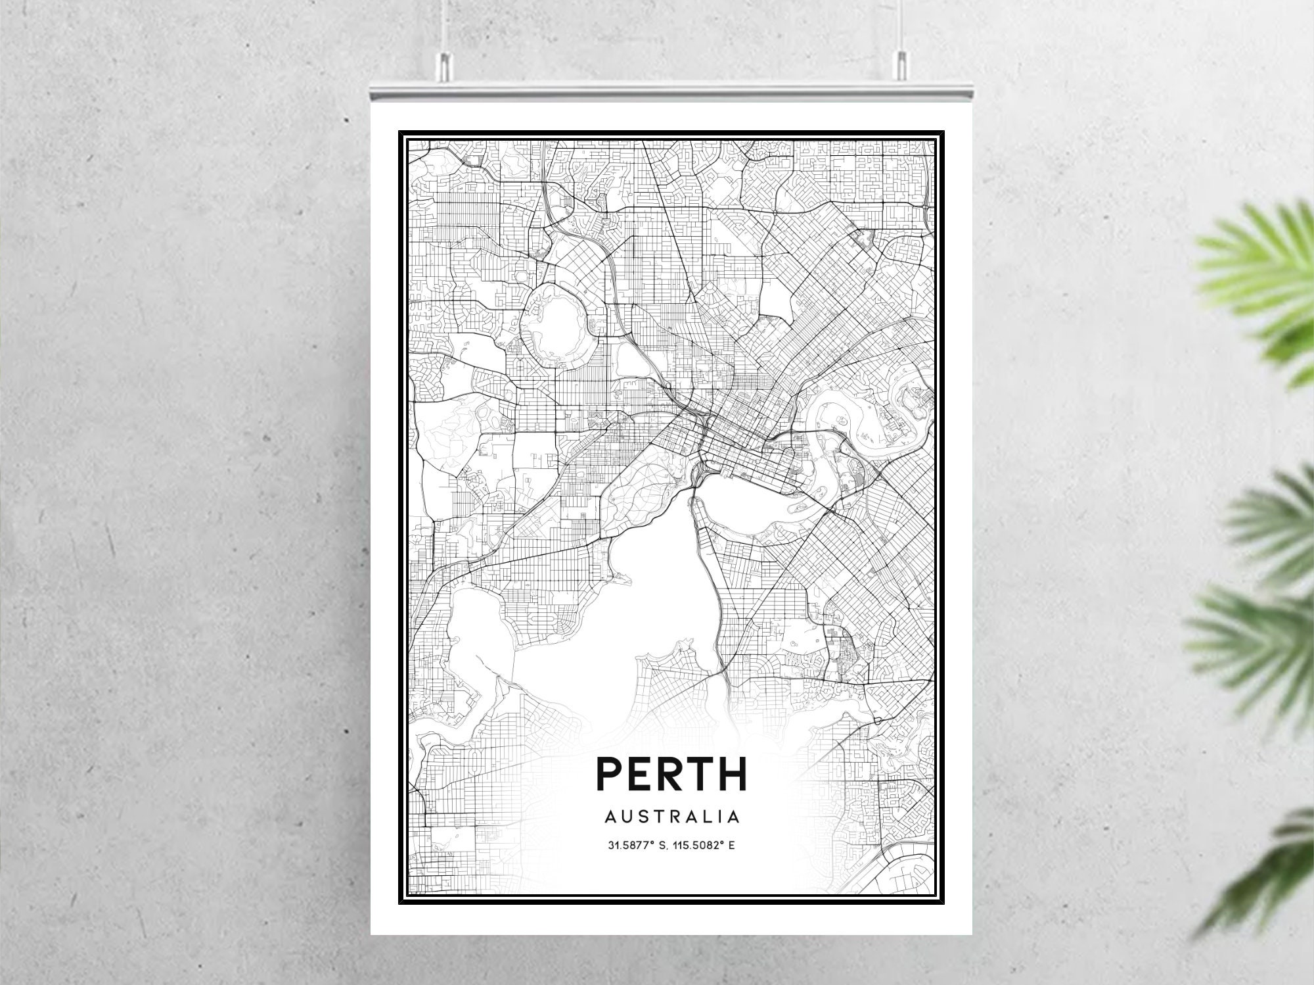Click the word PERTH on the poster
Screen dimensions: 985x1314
point(671,774)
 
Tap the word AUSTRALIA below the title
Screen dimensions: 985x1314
point(671,817)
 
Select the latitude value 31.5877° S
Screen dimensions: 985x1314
point(636,845)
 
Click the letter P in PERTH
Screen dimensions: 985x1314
point(609,774)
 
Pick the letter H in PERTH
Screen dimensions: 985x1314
point(734,774)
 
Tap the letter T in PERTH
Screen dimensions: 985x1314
point(702,774)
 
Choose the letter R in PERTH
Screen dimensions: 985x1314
point(670,774)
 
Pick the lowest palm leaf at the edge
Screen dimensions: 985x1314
point(1268,868)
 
